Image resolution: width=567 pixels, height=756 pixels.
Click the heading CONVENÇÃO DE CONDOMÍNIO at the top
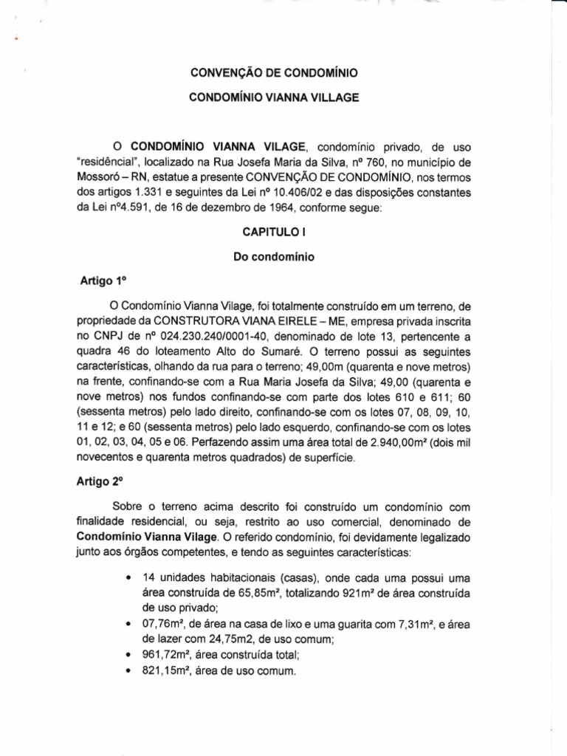(275, 73)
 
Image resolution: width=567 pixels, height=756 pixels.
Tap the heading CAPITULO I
(275, 232)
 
